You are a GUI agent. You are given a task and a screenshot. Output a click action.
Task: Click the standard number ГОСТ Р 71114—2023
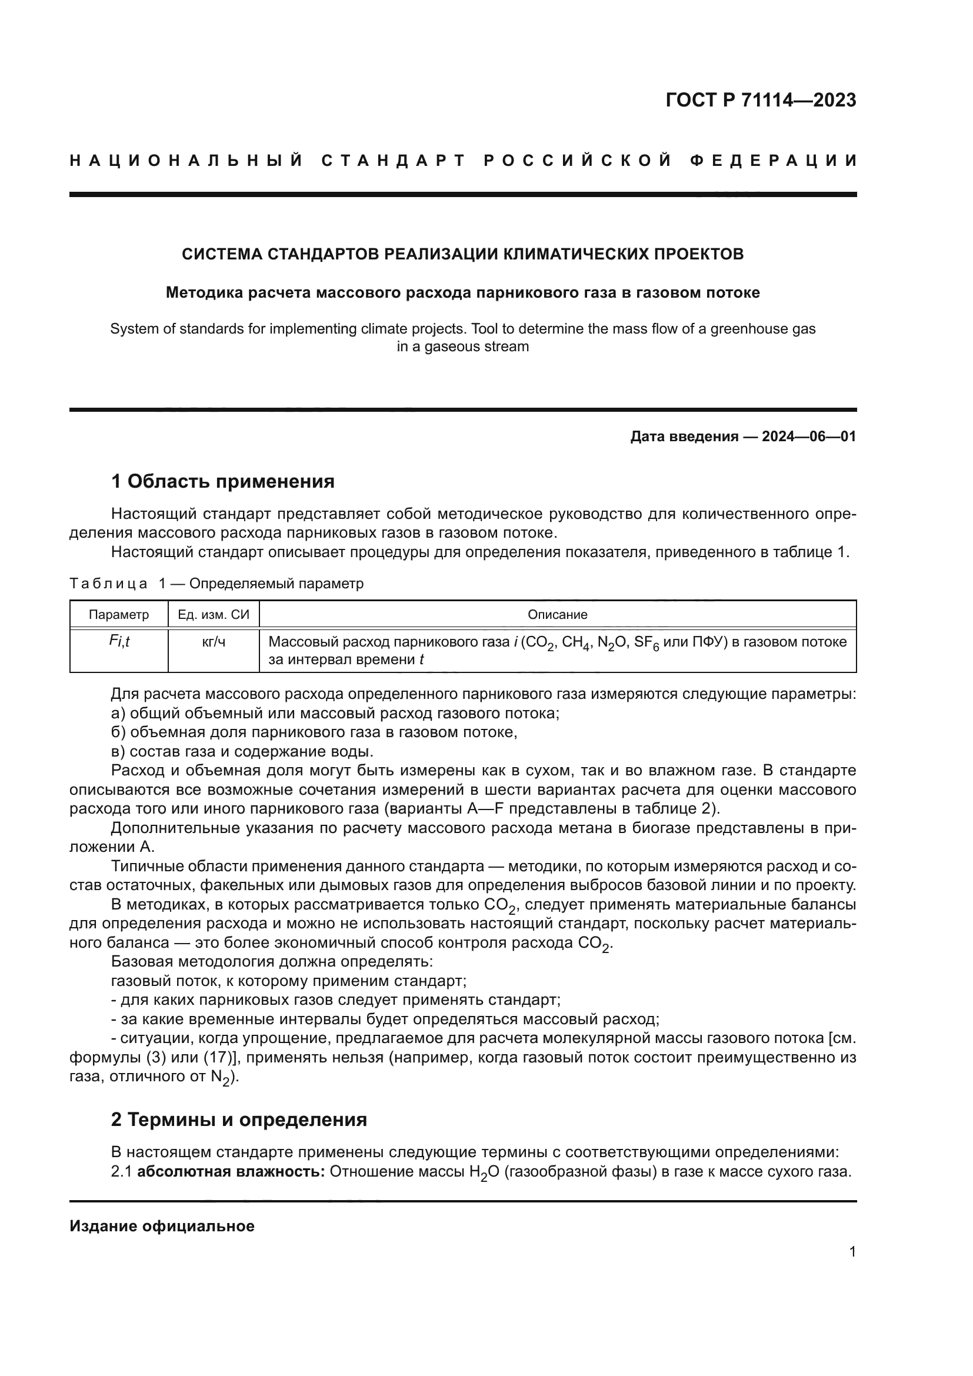(x=760, y=100)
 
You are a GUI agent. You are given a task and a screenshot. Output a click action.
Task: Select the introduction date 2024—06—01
(x=809, y=437)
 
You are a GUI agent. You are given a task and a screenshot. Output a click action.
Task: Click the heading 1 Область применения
(x=222, y=481)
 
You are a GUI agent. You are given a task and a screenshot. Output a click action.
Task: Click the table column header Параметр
(x=119, y=614)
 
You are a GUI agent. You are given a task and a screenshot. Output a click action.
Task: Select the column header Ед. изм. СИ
(x=214, y=614)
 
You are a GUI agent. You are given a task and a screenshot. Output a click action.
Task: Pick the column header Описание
(x=557, y=614)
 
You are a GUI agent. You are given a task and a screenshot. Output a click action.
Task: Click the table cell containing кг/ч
(x=214, y=642)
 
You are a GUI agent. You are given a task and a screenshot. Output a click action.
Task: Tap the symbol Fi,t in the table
(x=119, y=641)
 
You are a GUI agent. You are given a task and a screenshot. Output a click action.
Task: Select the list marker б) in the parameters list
(x=118, y=732)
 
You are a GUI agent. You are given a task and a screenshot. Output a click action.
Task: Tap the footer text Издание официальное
(x=162, y=1226)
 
